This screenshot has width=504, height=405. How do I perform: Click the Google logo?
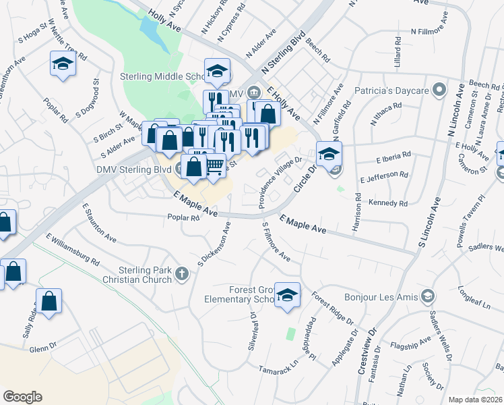click(22, 397)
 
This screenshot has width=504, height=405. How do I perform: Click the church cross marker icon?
click(181, 273)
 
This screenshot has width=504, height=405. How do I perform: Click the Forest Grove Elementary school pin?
click(288, 295)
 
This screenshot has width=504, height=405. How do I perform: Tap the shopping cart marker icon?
click(214, 165)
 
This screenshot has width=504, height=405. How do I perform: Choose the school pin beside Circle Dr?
click(329, 153)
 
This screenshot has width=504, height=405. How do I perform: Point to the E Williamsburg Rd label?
click(73, 250)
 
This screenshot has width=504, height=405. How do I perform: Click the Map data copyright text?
click(476, 399)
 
